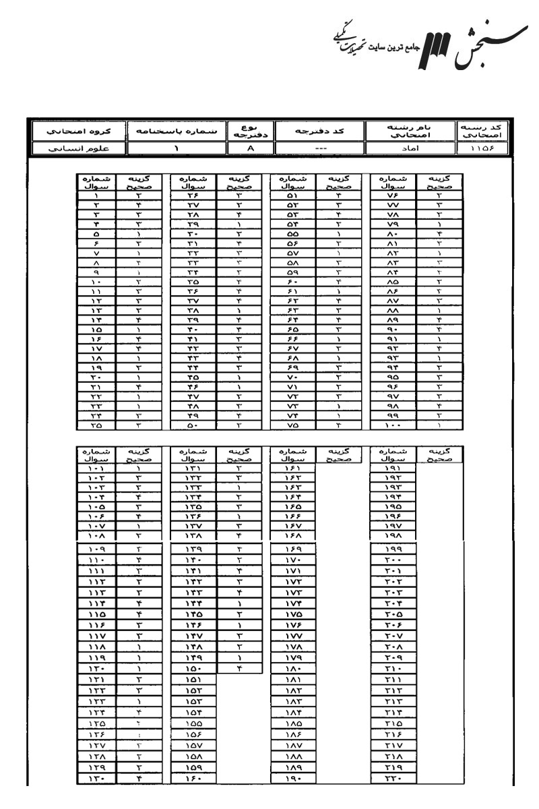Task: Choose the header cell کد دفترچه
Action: click(x=320, y=130)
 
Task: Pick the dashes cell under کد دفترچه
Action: click(x=320, y=148)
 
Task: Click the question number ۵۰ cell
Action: click(x=196, y=427)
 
